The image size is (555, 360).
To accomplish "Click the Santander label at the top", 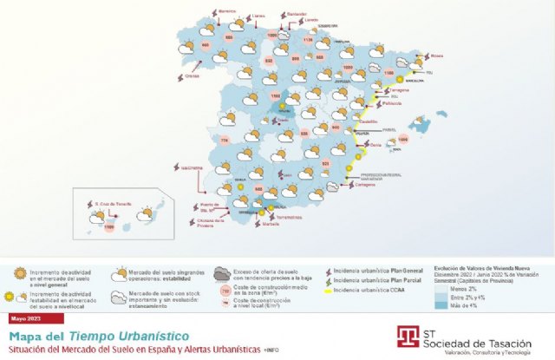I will click(x=297, y=14).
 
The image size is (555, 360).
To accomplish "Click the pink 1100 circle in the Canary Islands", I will click(x=108, y=227).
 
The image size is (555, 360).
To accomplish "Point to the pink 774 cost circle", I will click(x=225, y=141).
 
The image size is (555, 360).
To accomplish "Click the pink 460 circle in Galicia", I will click(x=205, y=46).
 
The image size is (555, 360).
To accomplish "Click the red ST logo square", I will click(x=408, y=335).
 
